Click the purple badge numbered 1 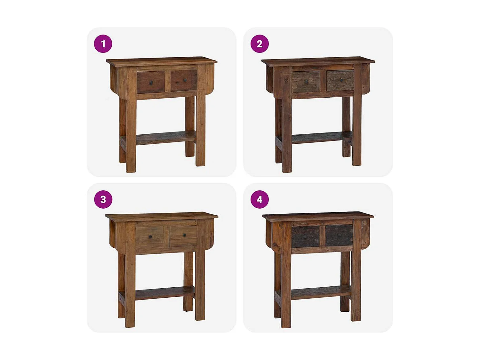103,44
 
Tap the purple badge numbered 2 259,44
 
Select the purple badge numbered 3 103,199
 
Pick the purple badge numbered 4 259,199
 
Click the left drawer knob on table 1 151,83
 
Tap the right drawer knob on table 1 185,80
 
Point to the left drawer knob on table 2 306,82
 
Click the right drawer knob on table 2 341,80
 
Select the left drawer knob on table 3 150,236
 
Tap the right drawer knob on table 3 185,235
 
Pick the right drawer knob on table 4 340,235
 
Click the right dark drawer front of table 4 339,235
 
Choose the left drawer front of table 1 151,82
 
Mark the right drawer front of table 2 340,80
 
